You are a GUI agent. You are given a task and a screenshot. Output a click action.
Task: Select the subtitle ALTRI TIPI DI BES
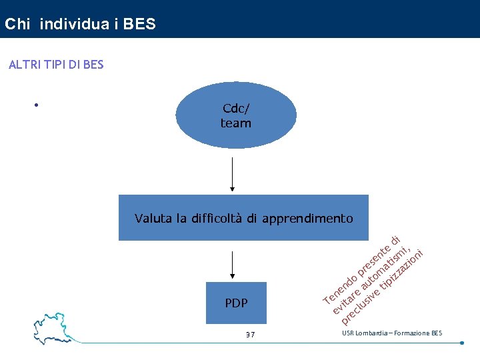[55, 65]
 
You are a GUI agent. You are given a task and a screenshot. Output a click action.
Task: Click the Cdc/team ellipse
[236, 117]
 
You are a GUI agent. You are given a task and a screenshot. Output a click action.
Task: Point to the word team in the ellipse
[236, 123]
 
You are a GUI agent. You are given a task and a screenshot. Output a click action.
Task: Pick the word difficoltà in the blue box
[219, 218]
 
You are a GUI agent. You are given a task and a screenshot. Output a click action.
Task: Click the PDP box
[236, 303]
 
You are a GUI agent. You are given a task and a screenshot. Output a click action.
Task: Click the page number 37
[250, 334]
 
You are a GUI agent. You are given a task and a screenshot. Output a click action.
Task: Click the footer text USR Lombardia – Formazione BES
[392, 333]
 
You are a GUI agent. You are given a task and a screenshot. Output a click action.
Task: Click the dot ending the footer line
[462, 343]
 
